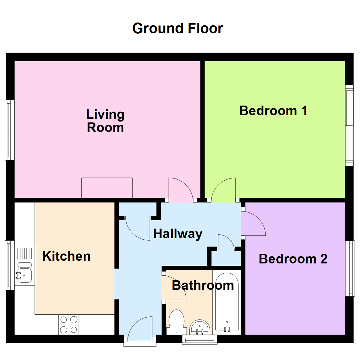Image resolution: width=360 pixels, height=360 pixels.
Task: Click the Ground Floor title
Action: pyautogui.click(x=177, y=28)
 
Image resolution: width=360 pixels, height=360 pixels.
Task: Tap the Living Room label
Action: pyautogui.click(x=105, y=121)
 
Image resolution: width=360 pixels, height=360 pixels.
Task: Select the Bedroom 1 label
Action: pyautogui.click(x=273, y=111)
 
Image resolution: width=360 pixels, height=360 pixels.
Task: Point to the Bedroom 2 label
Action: pyautogui.click(x=293, y=259)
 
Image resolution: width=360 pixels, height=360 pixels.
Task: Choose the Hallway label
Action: pyautogui.click(x=178, y=234)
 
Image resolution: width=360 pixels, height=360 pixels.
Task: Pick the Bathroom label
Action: pyautogui.click(x=203, y=285)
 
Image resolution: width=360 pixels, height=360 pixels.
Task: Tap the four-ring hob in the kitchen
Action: pyautogui.click(x=69, y=325)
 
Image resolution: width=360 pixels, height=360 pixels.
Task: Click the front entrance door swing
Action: pyautogui.click(x=140, y=328)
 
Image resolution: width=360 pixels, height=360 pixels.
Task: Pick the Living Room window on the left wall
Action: pyautogui.click(x=9, y=130)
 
